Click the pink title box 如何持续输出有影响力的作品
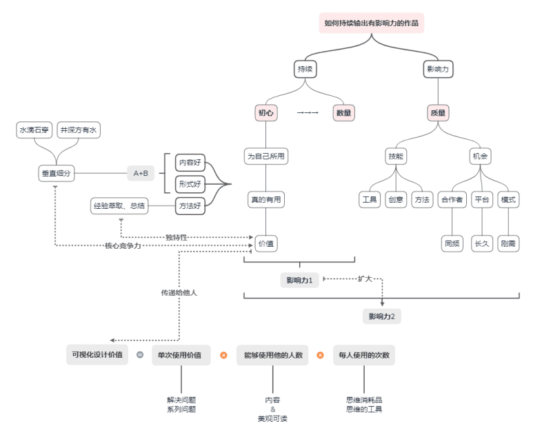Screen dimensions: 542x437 click(371, 23)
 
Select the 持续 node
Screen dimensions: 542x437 click(305, 69)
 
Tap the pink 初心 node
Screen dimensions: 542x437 click(265, 113)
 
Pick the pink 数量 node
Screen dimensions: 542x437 click(343, 113)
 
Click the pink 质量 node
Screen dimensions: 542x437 click(438, 113)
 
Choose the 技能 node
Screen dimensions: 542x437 click(396, 156)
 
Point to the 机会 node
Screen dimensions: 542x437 click(480, 156)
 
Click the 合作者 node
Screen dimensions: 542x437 click(452, 200)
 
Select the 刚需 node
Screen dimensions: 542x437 click(508, 243)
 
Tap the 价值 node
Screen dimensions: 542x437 click(266, 243)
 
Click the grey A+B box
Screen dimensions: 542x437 click(141, 173)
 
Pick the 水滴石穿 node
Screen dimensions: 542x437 click(34, 130)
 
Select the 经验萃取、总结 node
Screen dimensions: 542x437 click(119, 206)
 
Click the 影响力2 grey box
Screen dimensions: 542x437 click(381, 316)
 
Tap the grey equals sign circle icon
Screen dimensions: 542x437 click(140, 355)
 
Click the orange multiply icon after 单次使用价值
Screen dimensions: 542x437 click(223, 355)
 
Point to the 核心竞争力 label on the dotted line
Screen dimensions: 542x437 click(123, 245)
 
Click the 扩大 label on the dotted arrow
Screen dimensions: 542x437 click(365, 278)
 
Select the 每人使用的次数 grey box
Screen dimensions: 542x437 click(364, 355)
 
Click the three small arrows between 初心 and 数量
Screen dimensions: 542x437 click(308, 112)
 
